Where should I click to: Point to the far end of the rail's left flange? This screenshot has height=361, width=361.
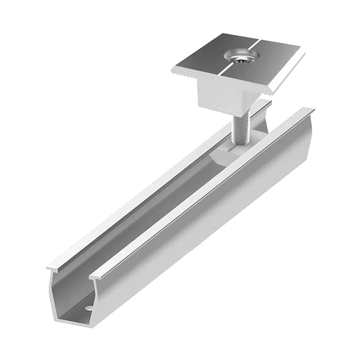pos(266,104)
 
